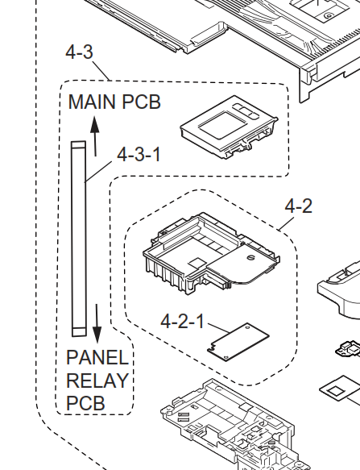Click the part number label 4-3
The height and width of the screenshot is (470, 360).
click(x=80, y=52)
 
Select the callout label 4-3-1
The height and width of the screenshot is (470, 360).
click(x=139, y=155)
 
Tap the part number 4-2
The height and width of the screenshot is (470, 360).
click(x=298, y=206)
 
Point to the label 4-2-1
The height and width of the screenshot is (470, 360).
click(x=182, y=321)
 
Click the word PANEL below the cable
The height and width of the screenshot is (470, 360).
click(x=97, y=358)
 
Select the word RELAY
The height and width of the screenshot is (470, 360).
click(x=97, y=381)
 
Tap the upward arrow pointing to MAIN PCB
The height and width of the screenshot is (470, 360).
click(x=95, y=136)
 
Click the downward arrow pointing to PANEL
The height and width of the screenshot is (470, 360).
click(x=97, y=324)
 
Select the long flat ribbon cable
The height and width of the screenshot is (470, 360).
click(x=79, y=239)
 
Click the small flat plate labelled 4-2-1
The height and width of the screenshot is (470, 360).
click(x=238, y=342)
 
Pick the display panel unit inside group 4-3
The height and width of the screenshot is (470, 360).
click(x=229, y=127)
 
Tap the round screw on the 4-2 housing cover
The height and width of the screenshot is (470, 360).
click(x=250, y=257)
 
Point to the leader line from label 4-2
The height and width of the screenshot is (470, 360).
click(x=286, y=223)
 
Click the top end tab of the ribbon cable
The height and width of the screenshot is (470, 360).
click(x=78, y=145)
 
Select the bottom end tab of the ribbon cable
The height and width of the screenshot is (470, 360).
click(x=80, y=332)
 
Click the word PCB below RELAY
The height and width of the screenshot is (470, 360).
click(x=85, y=403)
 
